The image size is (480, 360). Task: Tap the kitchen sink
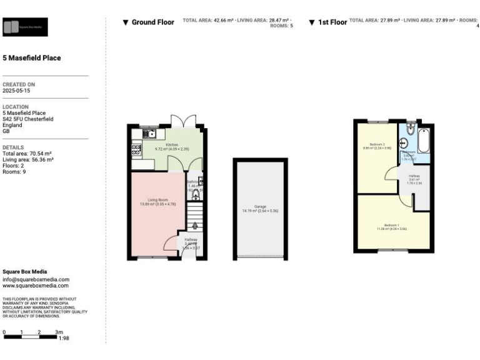click(151, 133)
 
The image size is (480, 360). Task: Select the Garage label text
click(260, 207)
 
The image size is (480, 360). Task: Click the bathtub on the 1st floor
click(424, 141)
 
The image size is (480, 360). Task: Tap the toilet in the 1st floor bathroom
click(409, 128)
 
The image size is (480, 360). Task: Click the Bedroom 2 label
click(376, 144)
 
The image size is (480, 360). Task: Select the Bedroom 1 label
click(392, 225)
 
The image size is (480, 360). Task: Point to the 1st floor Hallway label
click(414, 176)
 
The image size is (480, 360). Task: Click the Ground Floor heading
click(148, 22)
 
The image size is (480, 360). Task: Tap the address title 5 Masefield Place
click(32, 58)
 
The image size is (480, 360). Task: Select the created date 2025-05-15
click(16, 90)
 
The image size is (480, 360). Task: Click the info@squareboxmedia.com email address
click(36, 279)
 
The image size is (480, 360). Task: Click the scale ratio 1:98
click(63, 337)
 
